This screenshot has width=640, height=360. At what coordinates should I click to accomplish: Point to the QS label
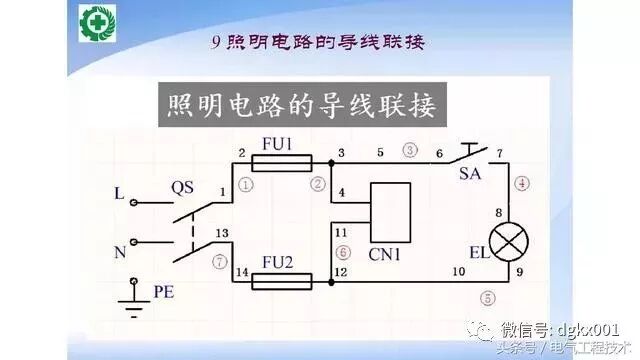click(182, 187)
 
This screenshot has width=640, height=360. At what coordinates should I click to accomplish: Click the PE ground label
click(163, 292)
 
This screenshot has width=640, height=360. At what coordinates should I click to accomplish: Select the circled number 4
click(523, 183)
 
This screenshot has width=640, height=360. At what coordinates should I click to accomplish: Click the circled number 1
click(246, 184)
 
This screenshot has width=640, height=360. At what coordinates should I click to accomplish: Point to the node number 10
click(459, 271)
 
